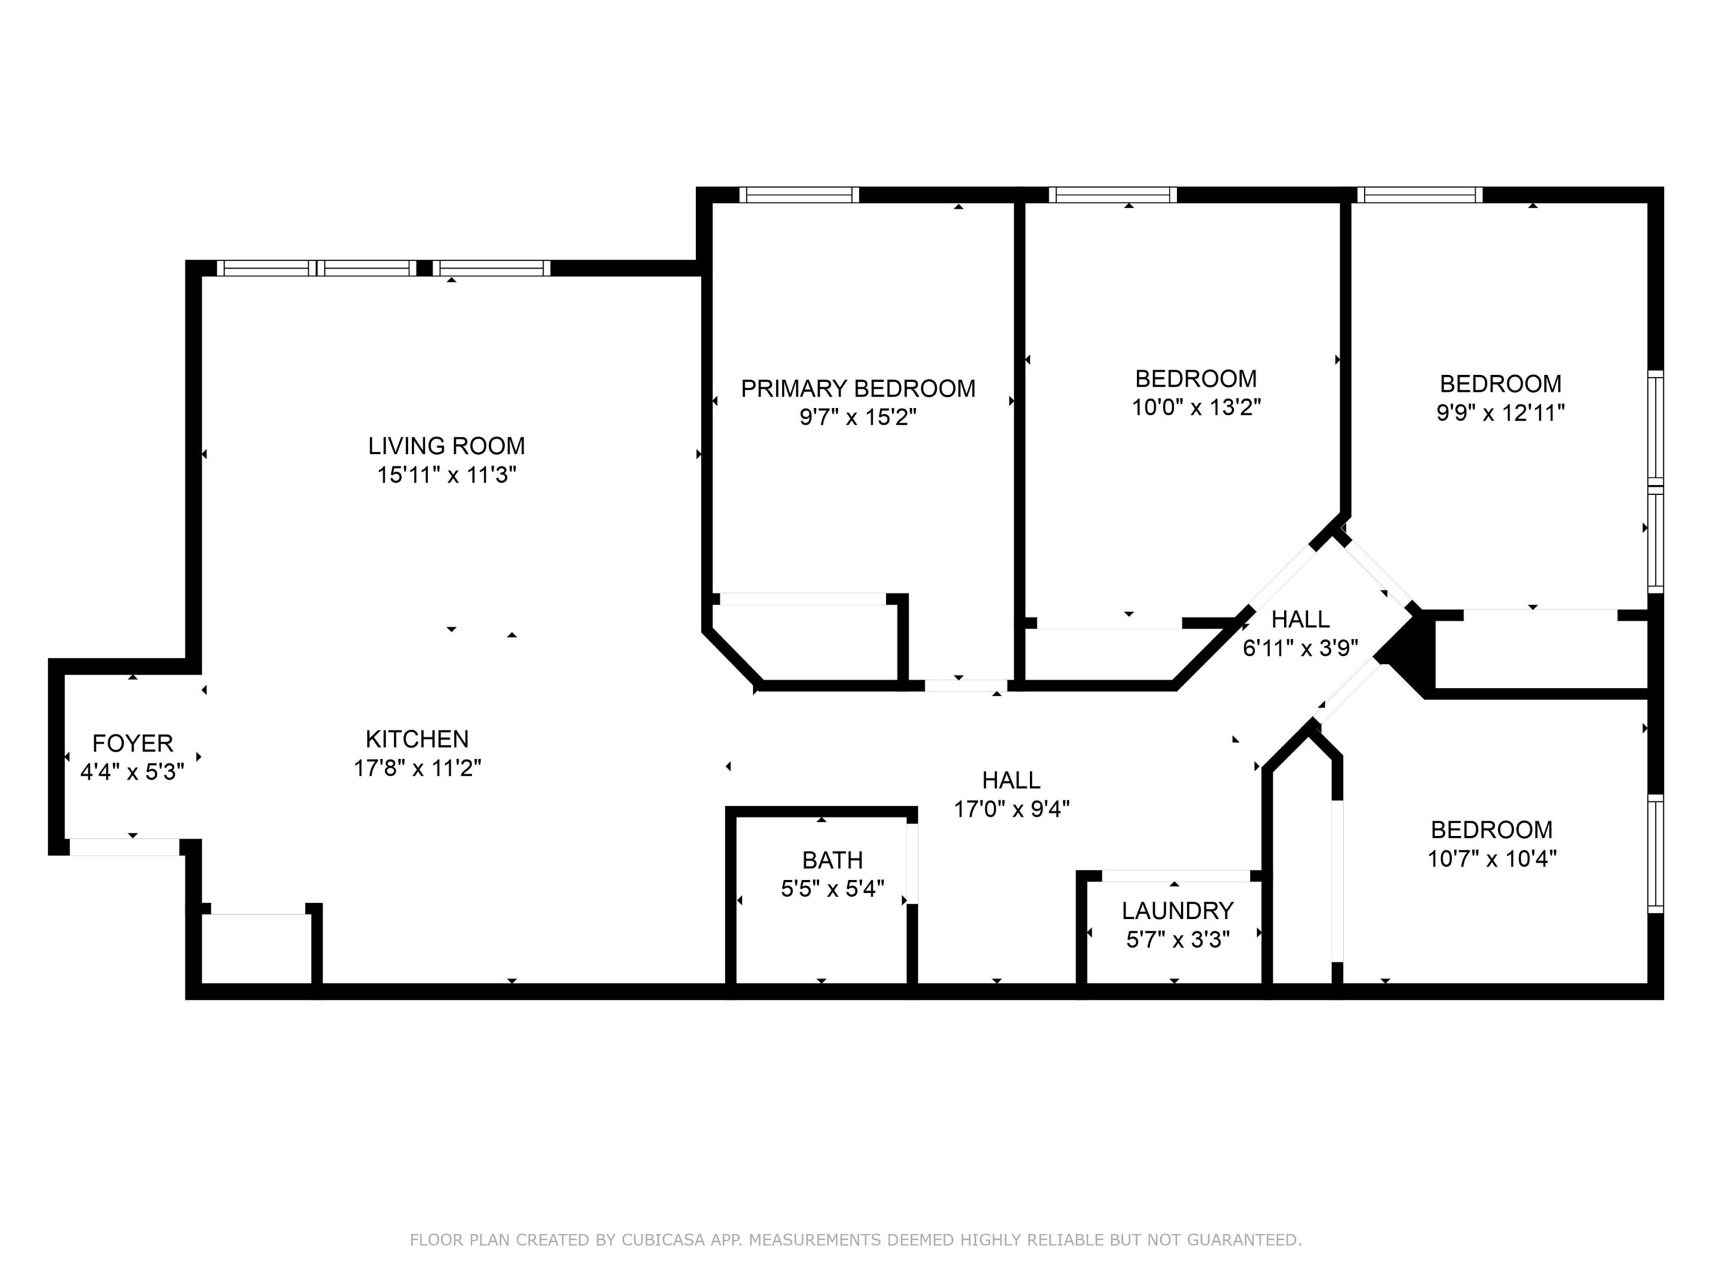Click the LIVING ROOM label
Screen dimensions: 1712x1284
[x=446, y=446]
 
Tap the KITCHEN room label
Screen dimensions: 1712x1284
[x=417, y=739]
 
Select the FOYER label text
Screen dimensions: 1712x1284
[x=132, y=743]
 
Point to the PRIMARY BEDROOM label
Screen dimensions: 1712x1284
[x=857, y=389]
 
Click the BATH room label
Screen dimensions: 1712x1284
[x=832, y=860]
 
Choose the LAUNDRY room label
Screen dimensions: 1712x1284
[x=1177, y=910]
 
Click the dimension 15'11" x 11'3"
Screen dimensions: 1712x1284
[x=447, y=474]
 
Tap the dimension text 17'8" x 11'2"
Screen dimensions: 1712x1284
[x=417, y=768]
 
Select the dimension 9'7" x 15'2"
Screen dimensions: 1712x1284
[x=857, y=417]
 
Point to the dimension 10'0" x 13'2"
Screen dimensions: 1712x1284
[x=1196, y=407]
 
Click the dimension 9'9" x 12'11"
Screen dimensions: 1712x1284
[x=1500, y=413]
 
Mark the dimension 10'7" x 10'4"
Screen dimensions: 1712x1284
[x=1491, y=858]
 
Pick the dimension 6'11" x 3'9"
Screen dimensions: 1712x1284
[x=1300, y=648]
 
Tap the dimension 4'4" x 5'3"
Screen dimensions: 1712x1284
[x=132, y=772]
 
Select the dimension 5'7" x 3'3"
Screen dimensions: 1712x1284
[x=1177, y=939]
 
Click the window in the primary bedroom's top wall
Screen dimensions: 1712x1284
[x=798, y=195]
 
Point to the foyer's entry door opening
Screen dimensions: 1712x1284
[x=124, y=847]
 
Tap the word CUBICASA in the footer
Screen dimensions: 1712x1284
[x=663, y=1240]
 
